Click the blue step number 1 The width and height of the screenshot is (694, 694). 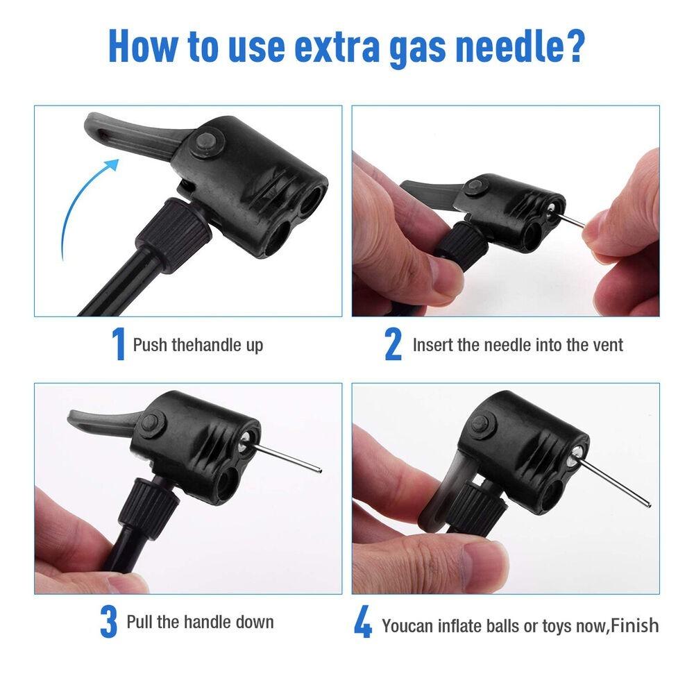(x=118, y=344)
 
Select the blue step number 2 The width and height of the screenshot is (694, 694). (x=393, y=344)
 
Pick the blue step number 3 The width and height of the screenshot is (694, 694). (x=108, y=622)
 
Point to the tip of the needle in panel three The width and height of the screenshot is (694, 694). (x=320, y=471)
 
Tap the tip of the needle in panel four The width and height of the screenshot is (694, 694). (x=648, y=505)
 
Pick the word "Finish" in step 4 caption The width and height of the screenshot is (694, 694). (x=636, y=625)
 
